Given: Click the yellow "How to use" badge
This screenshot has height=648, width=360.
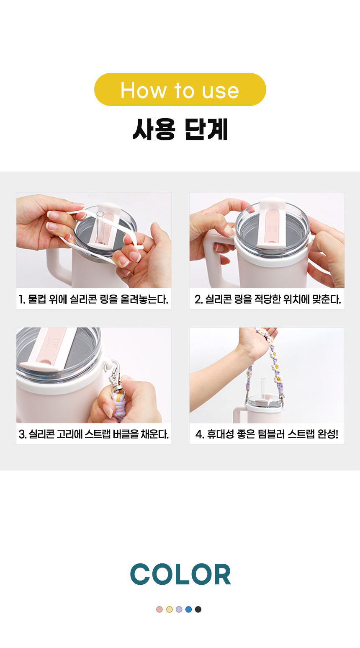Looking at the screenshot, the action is [180, 89].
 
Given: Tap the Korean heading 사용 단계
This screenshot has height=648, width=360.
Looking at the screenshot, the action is [180, 129].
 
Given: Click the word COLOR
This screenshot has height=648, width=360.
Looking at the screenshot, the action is [180, 574].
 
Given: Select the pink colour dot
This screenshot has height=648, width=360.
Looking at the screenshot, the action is [159, 609].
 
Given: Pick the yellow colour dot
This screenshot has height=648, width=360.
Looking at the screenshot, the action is [170, 609].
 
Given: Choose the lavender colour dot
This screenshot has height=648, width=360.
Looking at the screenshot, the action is [179, 609].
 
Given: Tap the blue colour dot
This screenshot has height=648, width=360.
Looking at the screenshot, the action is [188, 609].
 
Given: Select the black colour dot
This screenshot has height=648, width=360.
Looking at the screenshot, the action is [198, 609].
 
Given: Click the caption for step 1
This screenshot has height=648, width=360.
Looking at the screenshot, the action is [93, 299].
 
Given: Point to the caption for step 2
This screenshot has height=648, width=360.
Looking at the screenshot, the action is [267, 299].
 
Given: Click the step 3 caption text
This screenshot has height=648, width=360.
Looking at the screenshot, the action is [93, 434].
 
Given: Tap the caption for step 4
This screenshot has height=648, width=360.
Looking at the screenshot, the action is [267, 434].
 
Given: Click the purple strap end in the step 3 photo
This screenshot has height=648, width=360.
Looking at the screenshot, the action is [118, 405].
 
